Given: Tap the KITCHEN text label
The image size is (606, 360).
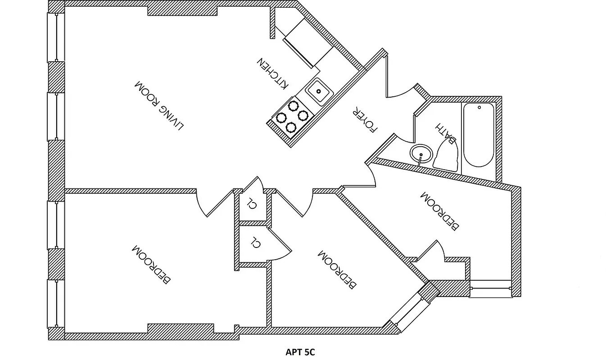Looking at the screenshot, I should (x=272, y=73).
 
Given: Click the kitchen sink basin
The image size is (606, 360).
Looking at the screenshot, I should (x=319, y=91).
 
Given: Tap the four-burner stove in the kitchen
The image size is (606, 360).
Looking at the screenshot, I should (x=292, y=117).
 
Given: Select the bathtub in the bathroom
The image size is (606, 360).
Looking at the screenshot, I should (x=478, y=135).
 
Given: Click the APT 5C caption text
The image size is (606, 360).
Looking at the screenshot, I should (x=300, y=352).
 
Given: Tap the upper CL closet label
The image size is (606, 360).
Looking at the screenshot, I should (x=252, y=204).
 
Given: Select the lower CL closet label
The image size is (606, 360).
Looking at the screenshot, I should (x=255, y=243).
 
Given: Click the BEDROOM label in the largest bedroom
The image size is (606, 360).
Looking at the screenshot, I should (x=151, y=265).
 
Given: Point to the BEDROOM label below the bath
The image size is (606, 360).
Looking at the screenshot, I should (x=439, y=211).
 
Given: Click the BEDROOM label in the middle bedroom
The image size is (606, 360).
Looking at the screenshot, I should (x=337, y=269).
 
